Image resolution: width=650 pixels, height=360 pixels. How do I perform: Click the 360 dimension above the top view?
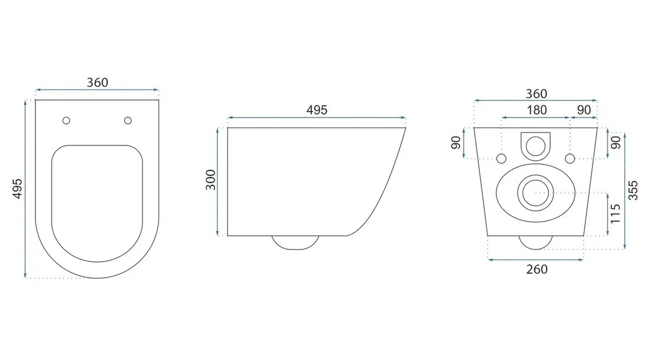(x=97, y=83)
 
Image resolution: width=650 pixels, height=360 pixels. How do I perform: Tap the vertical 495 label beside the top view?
(x=17, y=189)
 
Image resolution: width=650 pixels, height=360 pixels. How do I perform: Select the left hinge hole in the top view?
(x=66, y=121)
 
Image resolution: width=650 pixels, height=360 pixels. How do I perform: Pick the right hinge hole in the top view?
(x=128, y=121)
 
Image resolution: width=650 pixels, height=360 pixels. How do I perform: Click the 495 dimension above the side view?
(x=317, y=110)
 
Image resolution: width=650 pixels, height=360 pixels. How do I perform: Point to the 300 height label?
(x=211, y=180)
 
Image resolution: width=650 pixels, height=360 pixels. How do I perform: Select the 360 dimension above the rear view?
(x=537, y=94)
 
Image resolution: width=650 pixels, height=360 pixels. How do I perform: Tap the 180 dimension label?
(x=537, y=110)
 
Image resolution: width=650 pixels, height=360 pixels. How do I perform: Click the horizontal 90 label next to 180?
(x=584, y=110)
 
